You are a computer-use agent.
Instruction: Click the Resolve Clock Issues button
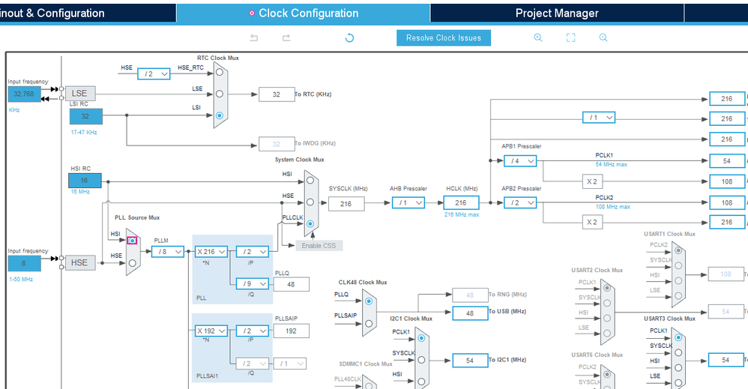pyautogui.click(x=444, y=38)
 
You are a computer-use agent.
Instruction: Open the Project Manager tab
pyautogui.click(x=556, y=13)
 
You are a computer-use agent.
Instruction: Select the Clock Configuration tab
pyautogui.click(x=304, y=13)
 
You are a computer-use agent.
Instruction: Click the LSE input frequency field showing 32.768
pyautogui.click(x=25, y=94)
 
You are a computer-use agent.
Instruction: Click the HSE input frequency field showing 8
pyautogui.click(x=25, y=263)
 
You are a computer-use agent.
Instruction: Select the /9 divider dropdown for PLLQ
pyautogui.click(x=252, y=283)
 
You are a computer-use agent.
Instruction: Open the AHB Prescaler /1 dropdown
pyautogui.click(x=408, y=203)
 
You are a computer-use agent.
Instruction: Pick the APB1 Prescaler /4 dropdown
pyautogui.click(x=520, y=160)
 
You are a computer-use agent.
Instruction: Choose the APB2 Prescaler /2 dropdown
pyautogui.click(x=520, y=202)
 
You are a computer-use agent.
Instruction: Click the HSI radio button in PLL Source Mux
pyautogui.click(x=133, y=241)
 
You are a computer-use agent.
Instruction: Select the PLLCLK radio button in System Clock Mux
pyautogui.click(x=310, y=223)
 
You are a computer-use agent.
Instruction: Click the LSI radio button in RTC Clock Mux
pyautogui.click(x=219, y=116)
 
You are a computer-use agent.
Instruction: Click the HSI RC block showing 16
pyautogui.click(x=84, y=181)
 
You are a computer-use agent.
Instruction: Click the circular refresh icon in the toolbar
pyautogui.click(x=349, y=38)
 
